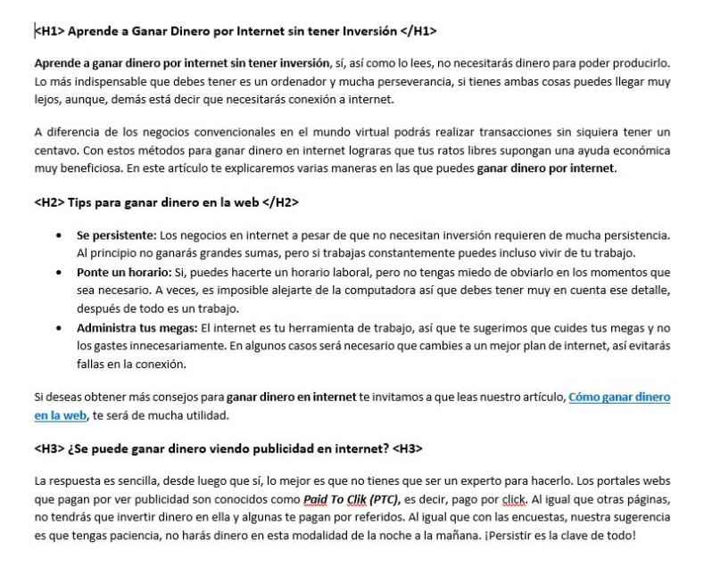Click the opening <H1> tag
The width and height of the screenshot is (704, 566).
pyautogui.click(x=49, y=31)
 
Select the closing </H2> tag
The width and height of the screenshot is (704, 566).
pyautogui.click(x=281, y=202)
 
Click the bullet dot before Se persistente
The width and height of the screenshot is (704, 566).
pyautogui.click(x=59, y=235)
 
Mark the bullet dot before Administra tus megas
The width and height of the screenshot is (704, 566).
pyautogui.click(x=59, y=328)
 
